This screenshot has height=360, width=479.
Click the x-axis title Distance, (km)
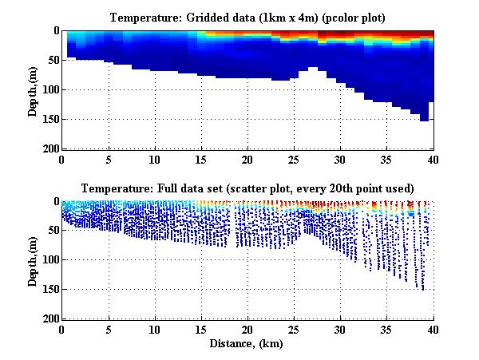click(247, 344)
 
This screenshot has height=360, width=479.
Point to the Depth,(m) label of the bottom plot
click(33, 260)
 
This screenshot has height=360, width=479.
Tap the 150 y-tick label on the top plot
click(49, 119)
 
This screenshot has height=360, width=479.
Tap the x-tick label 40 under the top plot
click(433, 158)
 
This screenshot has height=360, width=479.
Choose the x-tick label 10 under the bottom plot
click(155, 329)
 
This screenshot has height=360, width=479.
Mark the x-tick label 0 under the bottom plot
click(62, 329)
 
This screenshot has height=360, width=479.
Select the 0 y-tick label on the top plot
click(55, 30)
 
